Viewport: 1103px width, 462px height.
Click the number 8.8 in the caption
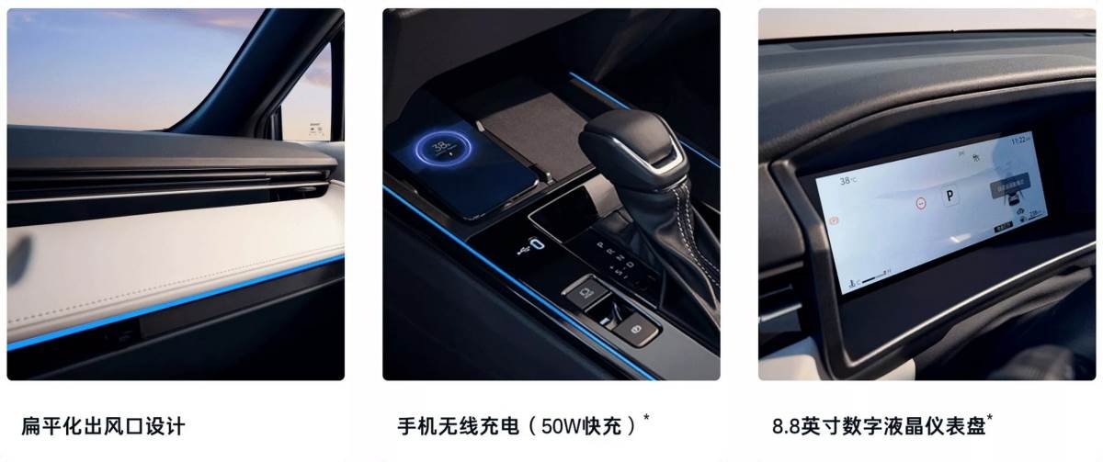pos(787,426)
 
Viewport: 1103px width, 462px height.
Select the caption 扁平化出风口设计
pos(103,426)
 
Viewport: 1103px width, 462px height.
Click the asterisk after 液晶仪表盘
pos(990,419)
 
